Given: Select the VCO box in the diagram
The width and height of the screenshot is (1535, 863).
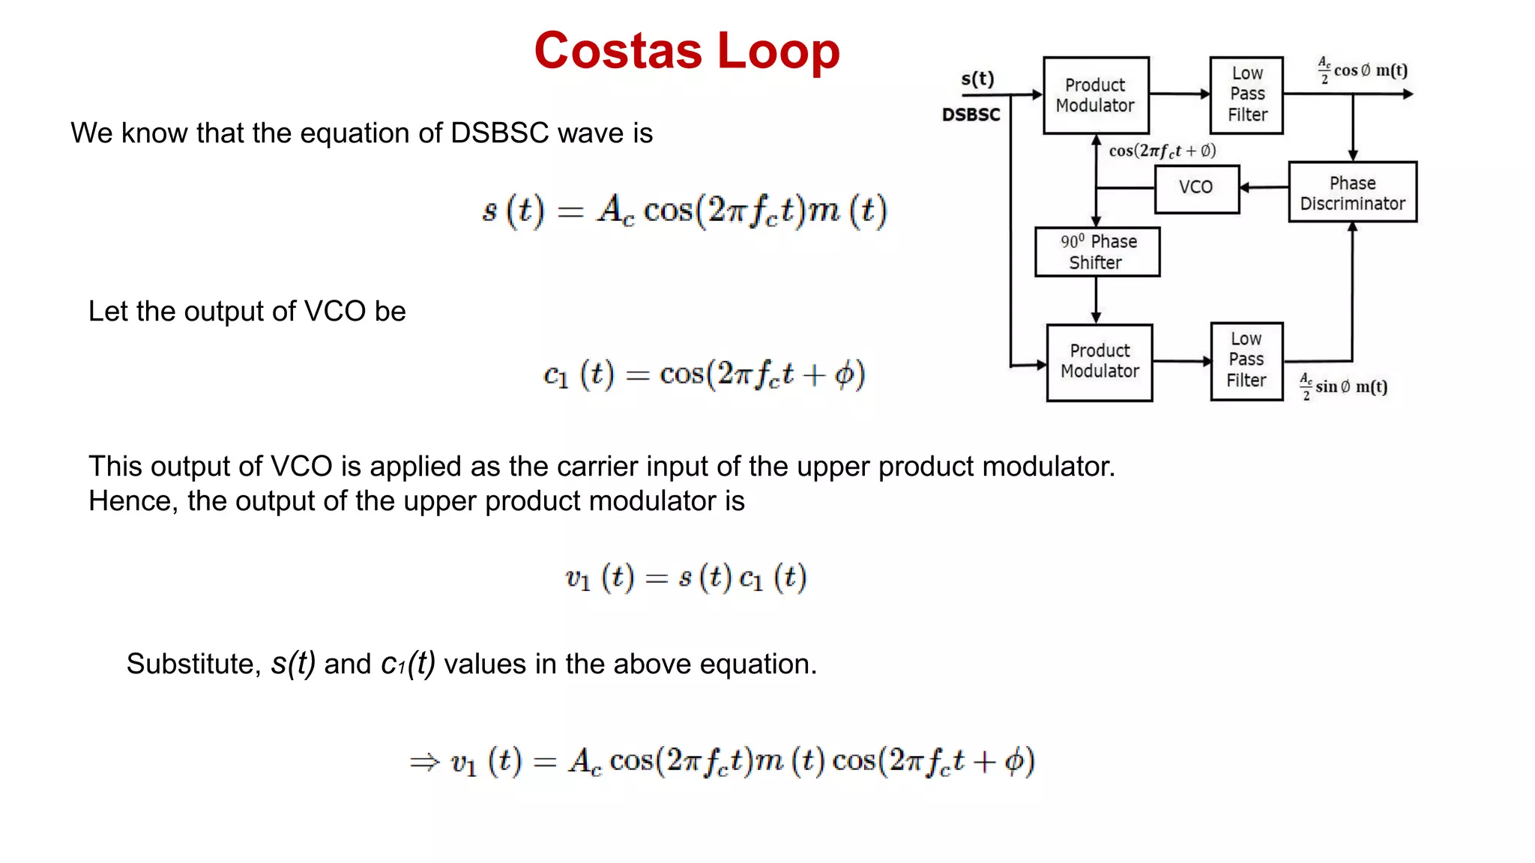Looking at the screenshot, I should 1196,188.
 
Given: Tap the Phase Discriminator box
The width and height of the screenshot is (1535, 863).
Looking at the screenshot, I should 1352,193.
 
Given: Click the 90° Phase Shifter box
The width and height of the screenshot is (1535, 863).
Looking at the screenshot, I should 1097,252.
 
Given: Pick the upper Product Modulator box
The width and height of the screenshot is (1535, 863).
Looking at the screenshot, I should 1095,95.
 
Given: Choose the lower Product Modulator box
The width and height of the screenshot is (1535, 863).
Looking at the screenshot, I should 1100,362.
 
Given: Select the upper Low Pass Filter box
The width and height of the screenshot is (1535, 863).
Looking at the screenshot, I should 1246,94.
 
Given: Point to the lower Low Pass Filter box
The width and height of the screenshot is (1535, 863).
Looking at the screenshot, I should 1246,360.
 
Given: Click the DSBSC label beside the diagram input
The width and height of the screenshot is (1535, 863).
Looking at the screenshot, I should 971,115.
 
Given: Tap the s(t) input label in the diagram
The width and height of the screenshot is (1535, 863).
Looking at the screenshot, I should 977,79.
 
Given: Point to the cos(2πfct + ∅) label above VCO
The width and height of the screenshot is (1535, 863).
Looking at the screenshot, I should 1162,151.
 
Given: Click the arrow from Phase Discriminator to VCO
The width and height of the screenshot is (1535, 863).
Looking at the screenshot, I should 1264,187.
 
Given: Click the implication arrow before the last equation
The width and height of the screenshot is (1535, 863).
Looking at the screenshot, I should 423,763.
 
